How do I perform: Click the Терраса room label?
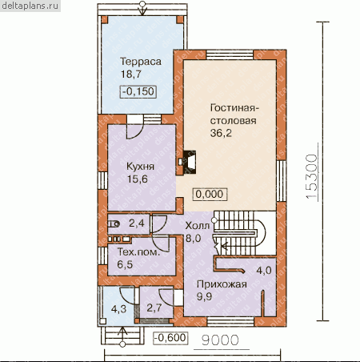(x=141, y=62)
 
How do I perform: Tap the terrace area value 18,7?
(x=131, y=74)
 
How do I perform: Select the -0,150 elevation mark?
(x=138, y=91)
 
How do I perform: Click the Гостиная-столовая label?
(x=234, y=115)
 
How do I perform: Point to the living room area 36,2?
(x=221, y=133)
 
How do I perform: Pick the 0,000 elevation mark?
(x=210, y=194)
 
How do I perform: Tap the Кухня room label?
(x=140, y=167)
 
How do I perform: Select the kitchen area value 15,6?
(x=137, y=179)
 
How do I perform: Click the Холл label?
(x=198, y=226)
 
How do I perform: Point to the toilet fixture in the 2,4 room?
(x=114, y=224)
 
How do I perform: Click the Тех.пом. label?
(x=138, y=252)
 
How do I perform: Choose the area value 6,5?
(x=125, y=264)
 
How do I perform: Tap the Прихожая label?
(x=222, y=284)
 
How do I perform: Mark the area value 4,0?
(x=264, y=271)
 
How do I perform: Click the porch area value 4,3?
(x=118, y=309)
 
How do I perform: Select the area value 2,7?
(x=154, y=308)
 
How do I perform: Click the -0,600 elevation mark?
(x=170, y=338)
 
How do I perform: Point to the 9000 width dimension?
(x=220, y=340)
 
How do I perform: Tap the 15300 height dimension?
(x=312, y=176)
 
